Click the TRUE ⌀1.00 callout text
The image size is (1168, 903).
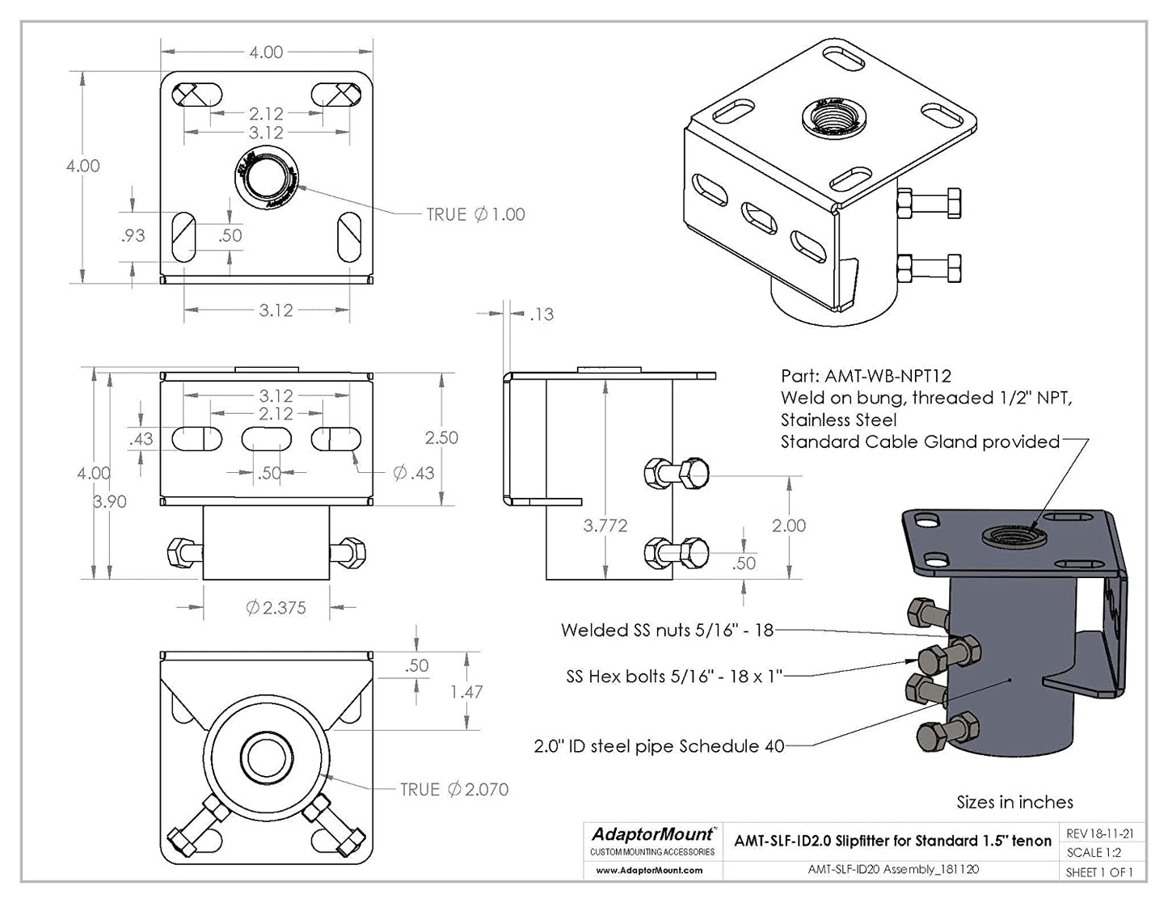(x=476, y=214)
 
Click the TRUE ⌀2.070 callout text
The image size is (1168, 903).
(x=454, y=790)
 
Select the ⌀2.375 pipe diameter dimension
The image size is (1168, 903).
(x=276, y=608)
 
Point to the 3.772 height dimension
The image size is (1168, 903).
(x=605, y=525)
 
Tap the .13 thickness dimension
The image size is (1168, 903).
(x=542, y=314)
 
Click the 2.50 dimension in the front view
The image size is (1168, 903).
(x=441, y=437)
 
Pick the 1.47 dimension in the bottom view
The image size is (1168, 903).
(x=466, y=692)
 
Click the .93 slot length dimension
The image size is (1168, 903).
(x=133, y=235)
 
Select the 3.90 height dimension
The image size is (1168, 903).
(x=110, y=501)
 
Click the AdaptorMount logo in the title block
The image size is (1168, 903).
(x=652, y=834)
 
